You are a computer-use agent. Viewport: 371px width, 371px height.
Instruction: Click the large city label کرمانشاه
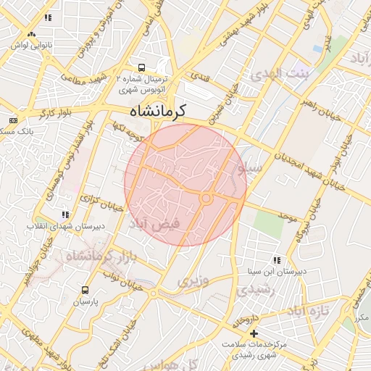point(158,110)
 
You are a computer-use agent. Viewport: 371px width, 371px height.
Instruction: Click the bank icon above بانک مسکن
point(13,120)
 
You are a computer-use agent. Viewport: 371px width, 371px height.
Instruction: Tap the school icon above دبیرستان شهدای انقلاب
point(65,214)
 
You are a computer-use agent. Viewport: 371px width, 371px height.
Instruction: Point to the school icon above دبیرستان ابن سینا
point(276,260)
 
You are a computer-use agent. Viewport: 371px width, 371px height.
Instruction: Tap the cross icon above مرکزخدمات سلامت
point(254,333)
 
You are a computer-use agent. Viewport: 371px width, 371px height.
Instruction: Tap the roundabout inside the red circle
point(206,198)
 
